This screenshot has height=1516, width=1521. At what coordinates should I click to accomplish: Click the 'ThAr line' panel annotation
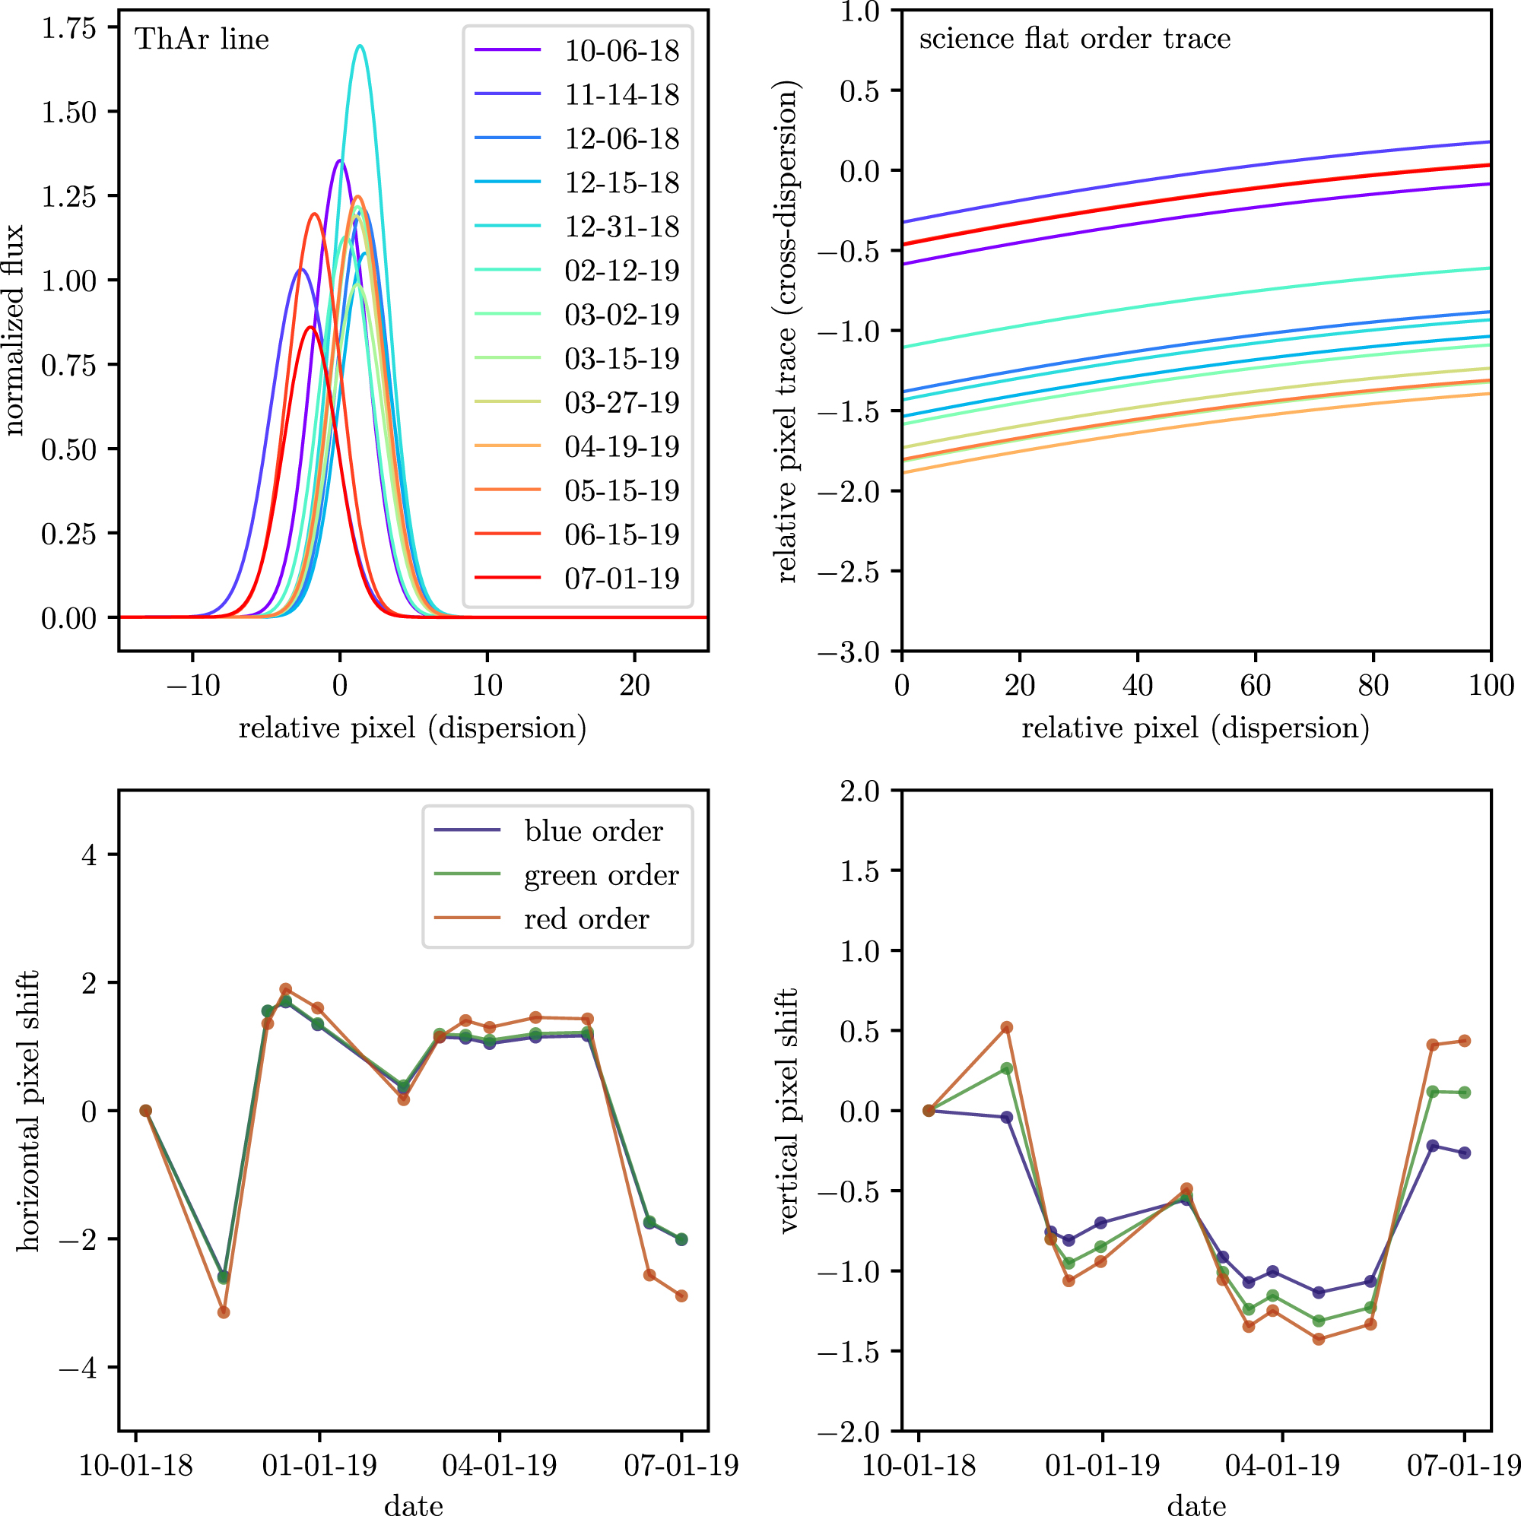pos(202,40)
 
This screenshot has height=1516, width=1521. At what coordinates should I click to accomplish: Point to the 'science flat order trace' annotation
pos(1075,39)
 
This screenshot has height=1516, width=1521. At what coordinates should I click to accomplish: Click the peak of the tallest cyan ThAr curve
pos(360,46)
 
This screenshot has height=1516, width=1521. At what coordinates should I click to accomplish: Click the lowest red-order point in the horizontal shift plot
pos(224,1312)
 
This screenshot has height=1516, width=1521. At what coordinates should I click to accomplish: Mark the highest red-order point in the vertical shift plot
pos(1006,1028)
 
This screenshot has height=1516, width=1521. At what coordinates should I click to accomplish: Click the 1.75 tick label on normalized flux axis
pos(68,28)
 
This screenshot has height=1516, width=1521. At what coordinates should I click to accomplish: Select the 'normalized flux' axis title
pos(14,331)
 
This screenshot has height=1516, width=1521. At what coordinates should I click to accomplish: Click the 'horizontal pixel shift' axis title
pos(29,1111)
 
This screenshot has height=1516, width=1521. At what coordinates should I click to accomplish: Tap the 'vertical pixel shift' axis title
pos(788,1111)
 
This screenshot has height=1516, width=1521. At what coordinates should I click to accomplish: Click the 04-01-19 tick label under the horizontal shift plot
pos(499,1466)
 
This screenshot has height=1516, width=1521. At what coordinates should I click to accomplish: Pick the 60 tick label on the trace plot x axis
pos(1255,686)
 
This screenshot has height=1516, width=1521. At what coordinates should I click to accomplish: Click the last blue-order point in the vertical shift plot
pos(1464,1153)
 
